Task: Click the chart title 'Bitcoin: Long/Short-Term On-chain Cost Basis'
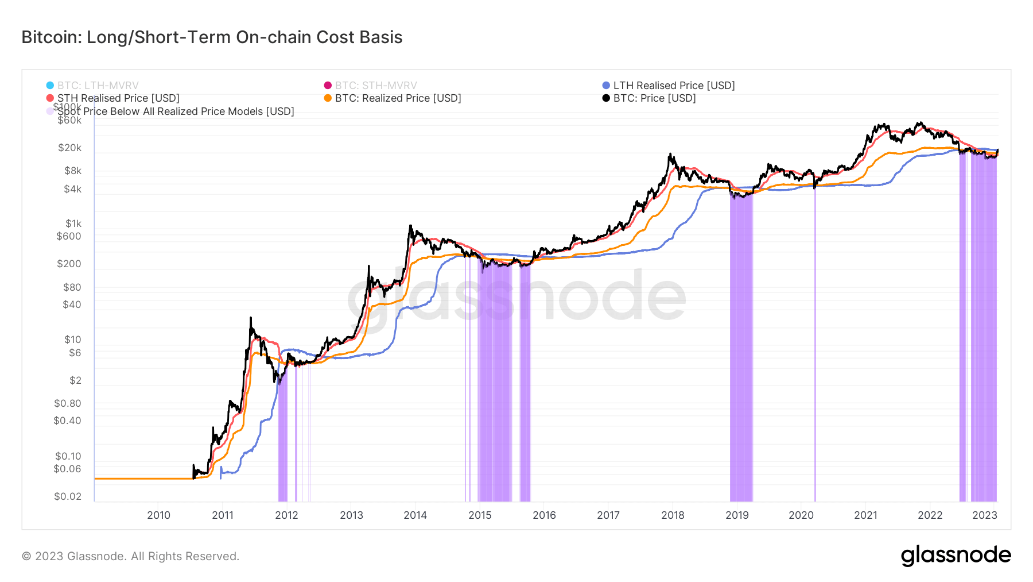[x=212, y=37]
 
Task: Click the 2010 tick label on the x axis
[x=158, y=515]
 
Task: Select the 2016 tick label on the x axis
[x=544, y=515]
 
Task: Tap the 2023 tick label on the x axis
[x=985, y=515]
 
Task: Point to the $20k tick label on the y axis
[x=69, y=148]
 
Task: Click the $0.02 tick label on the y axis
[x=68, y=496]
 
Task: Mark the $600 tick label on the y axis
[x=69, y=236]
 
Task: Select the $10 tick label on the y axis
[x=72, y=340]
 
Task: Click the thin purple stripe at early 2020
[x=815, y=345]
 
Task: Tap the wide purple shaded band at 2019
[x=741, y=345]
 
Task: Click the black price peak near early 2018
[x=670, y=155]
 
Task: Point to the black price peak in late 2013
[x=410, y=226]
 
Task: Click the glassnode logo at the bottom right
[x=956, y=556]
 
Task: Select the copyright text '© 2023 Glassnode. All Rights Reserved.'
[x=130, y=556]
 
